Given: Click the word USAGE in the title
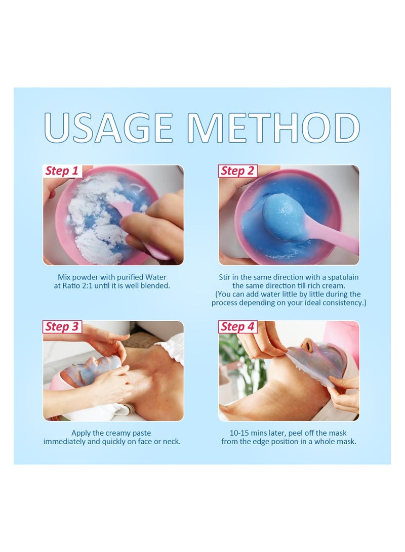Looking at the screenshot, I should click(x=108, y=128).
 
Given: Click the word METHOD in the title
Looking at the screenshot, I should click(x=273, y=128).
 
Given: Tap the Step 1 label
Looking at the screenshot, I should click(x=62, y=171).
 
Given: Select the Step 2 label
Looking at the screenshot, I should click(x=237, y=171).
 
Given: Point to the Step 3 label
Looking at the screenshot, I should click(x=62, y=327).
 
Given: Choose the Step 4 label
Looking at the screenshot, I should click(x=237, y=327).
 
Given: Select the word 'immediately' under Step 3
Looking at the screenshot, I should click(x=66, y=442).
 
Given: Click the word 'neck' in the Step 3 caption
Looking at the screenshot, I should click(x=170, y=442).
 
